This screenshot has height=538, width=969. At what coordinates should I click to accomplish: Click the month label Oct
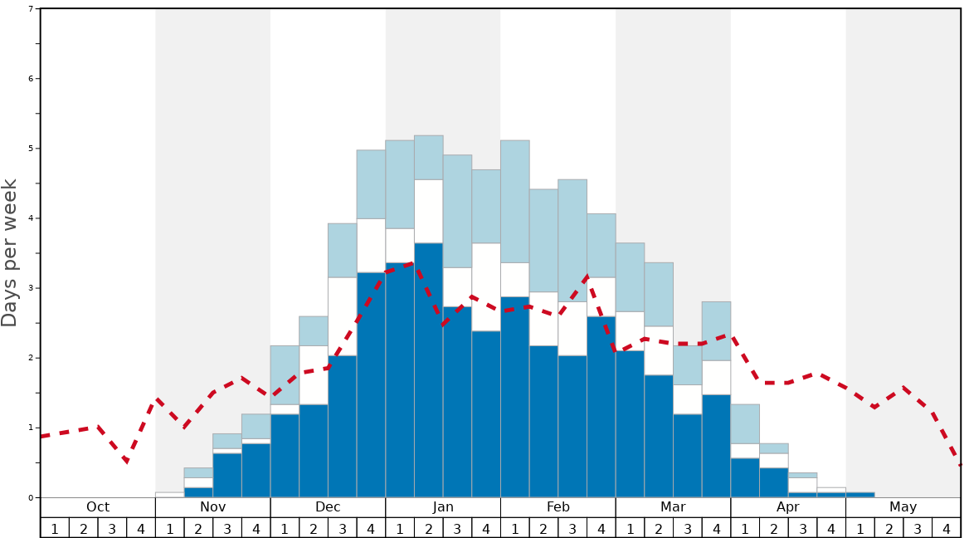click(98, 507)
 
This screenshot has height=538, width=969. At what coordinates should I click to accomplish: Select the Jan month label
click(443, 507)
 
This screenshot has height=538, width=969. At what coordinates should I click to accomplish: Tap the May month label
click(903, 507)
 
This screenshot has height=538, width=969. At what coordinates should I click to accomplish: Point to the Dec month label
click(328, 507)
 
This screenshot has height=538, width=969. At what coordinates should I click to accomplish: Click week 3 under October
click(112, 528)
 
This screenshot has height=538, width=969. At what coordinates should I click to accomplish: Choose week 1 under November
click(169, 528)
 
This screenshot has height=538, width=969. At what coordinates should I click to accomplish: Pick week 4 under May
click(947, 528)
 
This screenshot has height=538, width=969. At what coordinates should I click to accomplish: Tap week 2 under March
click(659, 528)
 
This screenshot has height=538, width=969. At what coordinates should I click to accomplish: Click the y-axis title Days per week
click(10, 253)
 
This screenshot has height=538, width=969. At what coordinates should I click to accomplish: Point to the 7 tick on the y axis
click(31, 9)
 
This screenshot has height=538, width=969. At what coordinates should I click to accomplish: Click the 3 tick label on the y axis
click(31, 288)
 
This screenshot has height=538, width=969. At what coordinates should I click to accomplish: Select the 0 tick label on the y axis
click(31, 498)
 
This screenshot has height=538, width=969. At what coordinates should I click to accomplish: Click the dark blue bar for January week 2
click(429, 370)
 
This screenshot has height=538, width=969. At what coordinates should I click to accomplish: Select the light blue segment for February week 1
click(515, 202)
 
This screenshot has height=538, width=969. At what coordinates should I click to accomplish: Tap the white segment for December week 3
click(343, 316)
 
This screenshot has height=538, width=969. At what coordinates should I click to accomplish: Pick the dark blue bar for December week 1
click(285, 456)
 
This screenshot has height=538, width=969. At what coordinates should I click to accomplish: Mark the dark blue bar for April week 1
click(745, 478)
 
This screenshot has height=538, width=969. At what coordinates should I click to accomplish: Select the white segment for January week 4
click(486, 287)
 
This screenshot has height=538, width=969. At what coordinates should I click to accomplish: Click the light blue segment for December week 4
click(371, 184)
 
